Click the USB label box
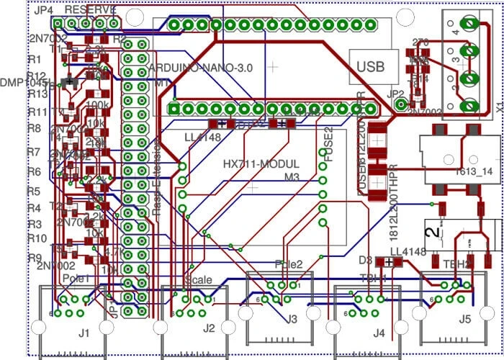pyautogui.click(x=372, y=66)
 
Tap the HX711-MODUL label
pyautogui.click(x=261, y=163)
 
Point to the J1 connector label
pyautogui.click(x=84, y=332)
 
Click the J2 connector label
pyautogui.click(x=209, y=328)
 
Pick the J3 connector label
pyautogui.click(x=292, y=318)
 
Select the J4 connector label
pyautogui.click(x=379, y=332)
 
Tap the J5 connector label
pyautogui.click(x=465, y=318)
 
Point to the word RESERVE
pyautogui.click(x=91, y=11)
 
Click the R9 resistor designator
pyautogui.click(x=34, y=258)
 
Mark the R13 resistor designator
pyautogui.click(x=37, y=94)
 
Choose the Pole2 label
pyautogui.click(x=289, y=264)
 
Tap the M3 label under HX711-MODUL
pyautogui.click(x=291, y=176)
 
